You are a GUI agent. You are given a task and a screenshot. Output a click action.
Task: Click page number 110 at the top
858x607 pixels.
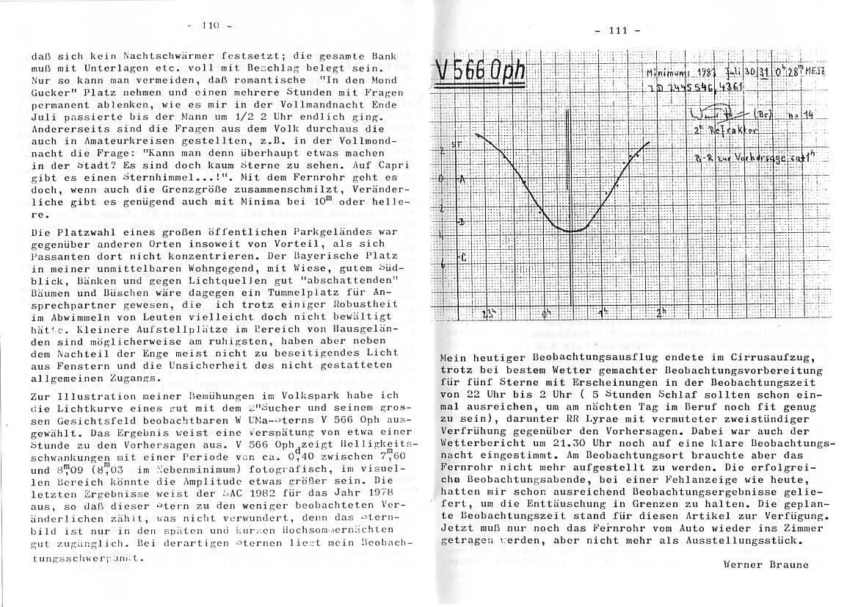(209, 26)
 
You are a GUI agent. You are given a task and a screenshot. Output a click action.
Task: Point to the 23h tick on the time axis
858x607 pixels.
(487, 314)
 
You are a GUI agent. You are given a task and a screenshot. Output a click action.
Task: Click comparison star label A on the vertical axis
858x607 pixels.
(462, 179)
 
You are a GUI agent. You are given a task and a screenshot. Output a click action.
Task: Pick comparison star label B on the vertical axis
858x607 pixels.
(461, 221)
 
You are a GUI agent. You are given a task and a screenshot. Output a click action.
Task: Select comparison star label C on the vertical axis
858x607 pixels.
(462, 257)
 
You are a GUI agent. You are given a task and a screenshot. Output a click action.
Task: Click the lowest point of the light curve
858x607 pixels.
(574, 231)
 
